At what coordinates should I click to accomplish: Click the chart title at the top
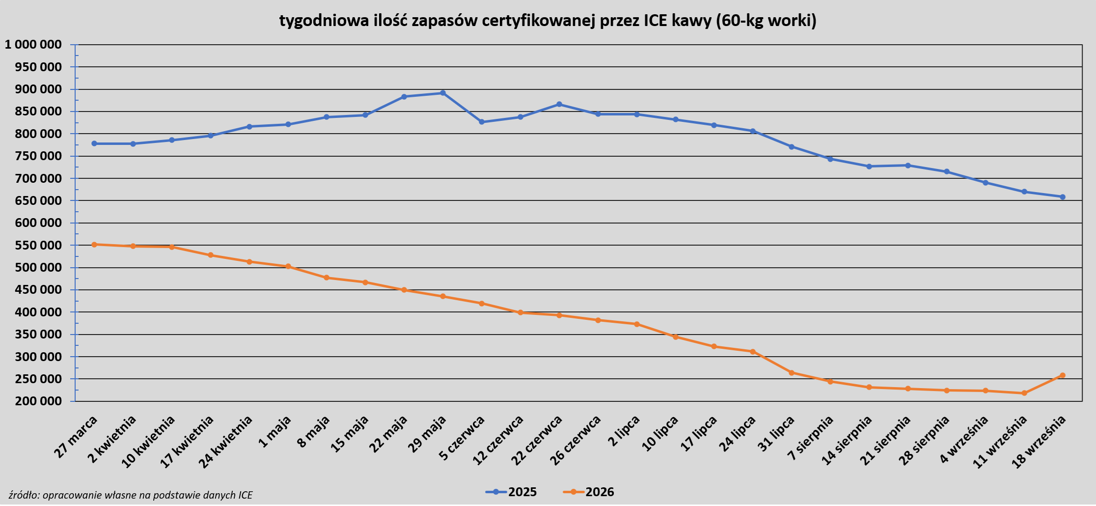548,21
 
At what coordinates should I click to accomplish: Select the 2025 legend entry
511,492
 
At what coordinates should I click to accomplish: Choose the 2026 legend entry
588,492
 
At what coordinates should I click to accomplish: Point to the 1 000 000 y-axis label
33,45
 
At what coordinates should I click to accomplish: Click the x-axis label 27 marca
77,436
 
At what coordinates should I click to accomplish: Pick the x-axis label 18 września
1040,441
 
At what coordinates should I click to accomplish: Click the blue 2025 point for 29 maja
443,93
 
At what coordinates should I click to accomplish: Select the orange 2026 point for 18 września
1063,375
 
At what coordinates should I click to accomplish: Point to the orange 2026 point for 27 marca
94,244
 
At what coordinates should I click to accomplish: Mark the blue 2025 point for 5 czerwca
482,122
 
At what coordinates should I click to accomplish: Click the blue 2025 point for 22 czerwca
559,104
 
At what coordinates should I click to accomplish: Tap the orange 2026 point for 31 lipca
792,373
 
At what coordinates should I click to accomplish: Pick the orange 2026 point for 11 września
1024,393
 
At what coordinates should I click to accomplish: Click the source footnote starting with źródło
131,495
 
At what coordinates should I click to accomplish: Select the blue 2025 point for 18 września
1063,197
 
